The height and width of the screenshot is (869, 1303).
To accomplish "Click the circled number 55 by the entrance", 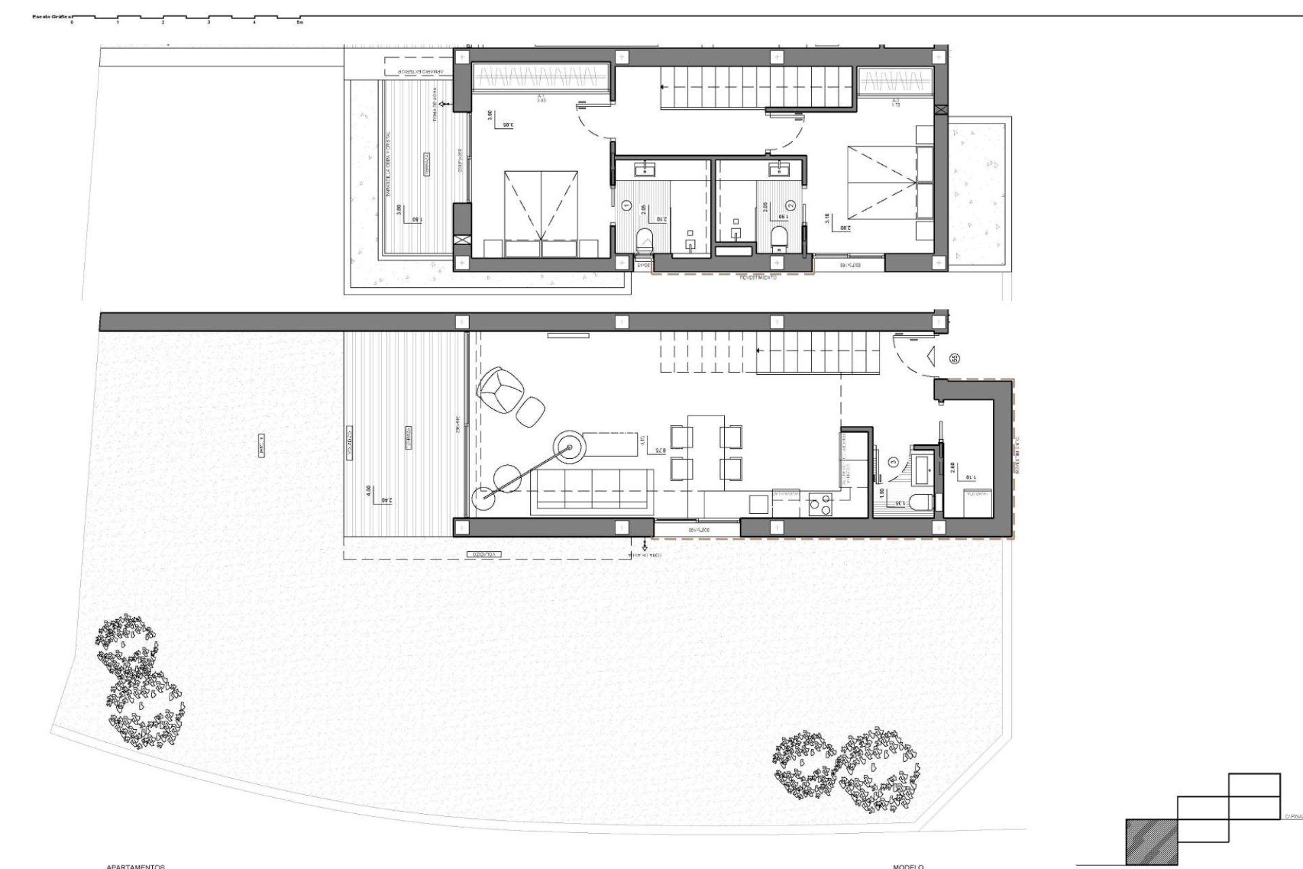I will tap(955, 358).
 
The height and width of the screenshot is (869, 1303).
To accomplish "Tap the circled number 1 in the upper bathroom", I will tap(625, 204).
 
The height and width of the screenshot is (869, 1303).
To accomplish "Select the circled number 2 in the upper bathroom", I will tap(790, 204).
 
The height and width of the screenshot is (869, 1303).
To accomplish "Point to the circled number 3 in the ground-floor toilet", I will tap(893, 462).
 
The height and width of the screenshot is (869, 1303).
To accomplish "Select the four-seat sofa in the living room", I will tap(592, 489).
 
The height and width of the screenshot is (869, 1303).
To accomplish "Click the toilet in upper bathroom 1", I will tap(643, 239).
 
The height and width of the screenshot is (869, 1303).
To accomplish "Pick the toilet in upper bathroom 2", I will tap(778, 238).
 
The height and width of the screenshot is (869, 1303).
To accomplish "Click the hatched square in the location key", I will tap(1151, 841).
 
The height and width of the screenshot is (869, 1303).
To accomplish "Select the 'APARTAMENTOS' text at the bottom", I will tap(136, 866).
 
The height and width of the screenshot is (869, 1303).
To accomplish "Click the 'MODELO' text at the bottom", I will tap(908, 866).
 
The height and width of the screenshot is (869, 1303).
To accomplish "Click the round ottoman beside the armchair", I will tap(531, 410).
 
